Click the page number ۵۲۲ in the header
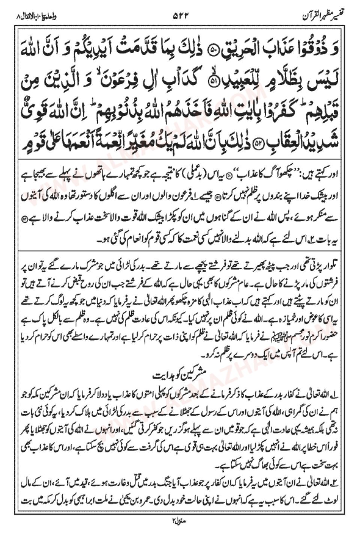coord(180,16)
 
